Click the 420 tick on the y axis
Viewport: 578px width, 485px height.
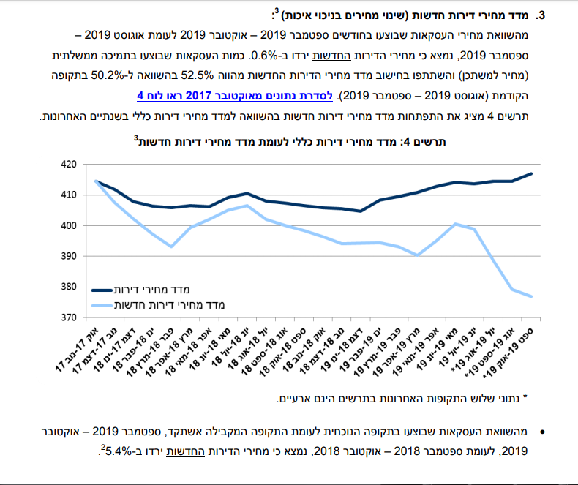[67, 165]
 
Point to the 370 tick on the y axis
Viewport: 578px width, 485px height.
[67, 317]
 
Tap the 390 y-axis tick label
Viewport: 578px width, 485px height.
[67, 256]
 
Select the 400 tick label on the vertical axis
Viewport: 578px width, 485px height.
[67, 225]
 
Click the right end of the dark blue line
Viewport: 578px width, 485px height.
[532, 173]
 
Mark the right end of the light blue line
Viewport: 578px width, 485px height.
[532, 296]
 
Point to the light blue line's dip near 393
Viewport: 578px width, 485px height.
[171, 247]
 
